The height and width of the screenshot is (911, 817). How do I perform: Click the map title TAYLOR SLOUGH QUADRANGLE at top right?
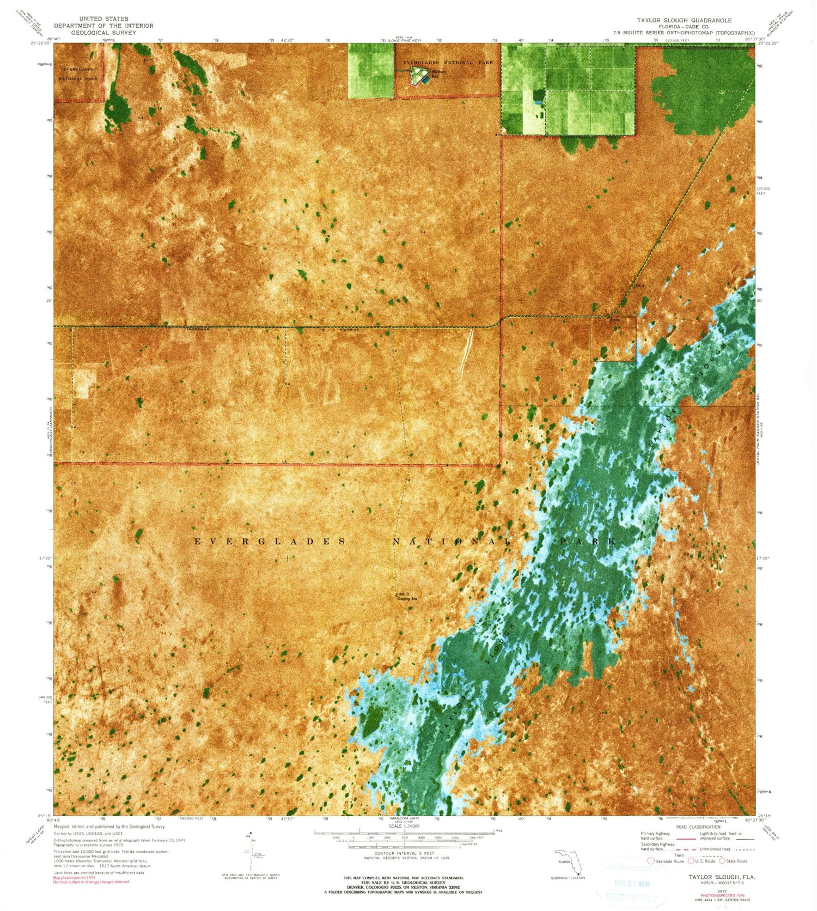tap(685, 20)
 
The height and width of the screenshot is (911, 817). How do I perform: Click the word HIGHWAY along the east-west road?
tap(349, 329)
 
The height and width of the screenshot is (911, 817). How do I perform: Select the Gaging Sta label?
tap(407, 599)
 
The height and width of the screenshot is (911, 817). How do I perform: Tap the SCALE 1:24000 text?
tap(404, 826)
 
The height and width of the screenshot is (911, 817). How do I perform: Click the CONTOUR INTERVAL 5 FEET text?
tap(404, 853)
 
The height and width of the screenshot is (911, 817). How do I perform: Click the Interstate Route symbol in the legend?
tap(650, 861)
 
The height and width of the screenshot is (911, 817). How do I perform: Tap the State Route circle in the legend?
tap(723, 861)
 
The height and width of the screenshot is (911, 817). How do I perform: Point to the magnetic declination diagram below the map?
tap(251, 855)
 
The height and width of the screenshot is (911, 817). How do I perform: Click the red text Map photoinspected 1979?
tap(74, 878)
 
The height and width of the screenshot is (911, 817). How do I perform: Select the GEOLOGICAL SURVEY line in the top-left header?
tap(103, 32)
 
